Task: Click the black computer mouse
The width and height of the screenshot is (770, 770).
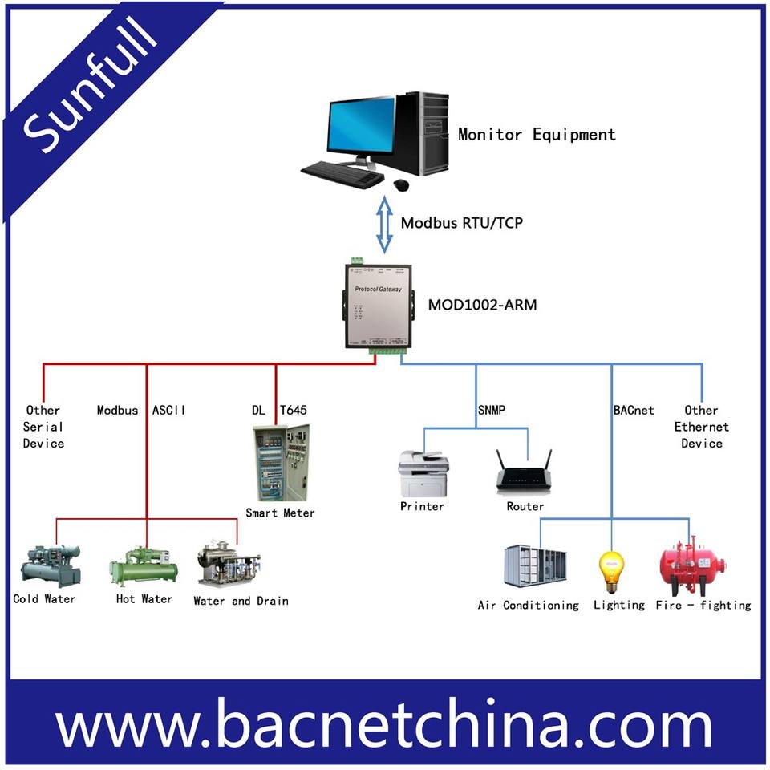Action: [x=401, y=184]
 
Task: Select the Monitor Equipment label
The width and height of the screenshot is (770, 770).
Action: [x=537, y=135]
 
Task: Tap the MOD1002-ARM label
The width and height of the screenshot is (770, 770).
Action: [x=482, y=305]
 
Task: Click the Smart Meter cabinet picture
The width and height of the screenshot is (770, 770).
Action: [x=281, y=463]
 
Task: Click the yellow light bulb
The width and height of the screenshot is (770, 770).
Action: [x=612, y=571]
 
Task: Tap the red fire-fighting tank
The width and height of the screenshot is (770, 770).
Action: [x=692, y=565]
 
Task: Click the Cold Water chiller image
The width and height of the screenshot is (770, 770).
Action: [x=51, y=565]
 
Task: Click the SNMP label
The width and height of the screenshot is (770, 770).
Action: [x=490, y=411]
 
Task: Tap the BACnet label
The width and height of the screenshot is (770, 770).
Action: [x=634, y=411]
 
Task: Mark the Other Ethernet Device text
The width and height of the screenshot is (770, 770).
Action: [x=701, y=427]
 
